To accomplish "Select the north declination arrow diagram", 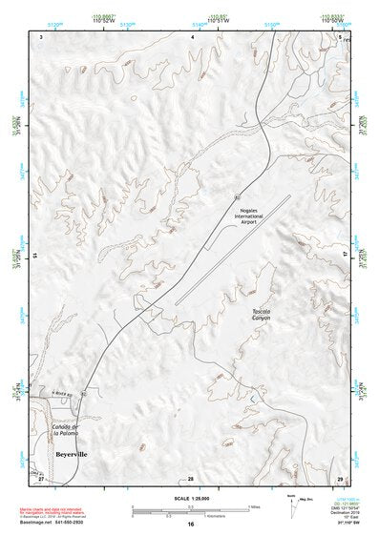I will pyautogui.click(x=292, y=506).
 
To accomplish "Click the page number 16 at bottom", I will pyautogui.click(x=190, y=525).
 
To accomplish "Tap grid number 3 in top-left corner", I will pyautogui.click(x=43, y=35).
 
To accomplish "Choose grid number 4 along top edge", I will pyautogui.click(x=193, y=35).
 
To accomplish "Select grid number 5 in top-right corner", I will pyautogui.click(x=340, y=35).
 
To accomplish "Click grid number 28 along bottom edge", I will pyautogui.click(x=190, y=477).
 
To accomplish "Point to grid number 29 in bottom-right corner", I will pyautogui.click(x=340, y=477).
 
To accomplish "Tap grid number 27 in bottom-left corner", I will pyautogui.click(x=43, y=477).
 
